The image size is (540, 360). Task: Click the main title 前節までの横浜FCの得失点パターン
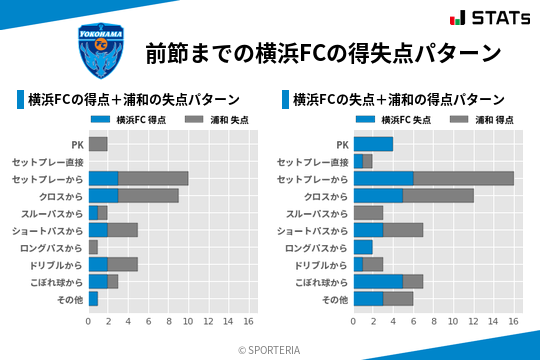[323, 53]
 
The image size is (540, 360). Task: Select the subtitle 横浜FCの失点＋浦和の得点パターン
[398, 100]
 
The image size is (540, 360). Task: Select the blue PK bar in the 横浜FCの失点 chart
[373, 144]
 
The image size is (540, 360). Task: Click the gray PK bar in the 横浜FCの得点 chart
[98, 144]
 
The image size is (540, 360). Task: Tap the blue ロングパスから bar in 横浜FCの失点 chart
[363, 247]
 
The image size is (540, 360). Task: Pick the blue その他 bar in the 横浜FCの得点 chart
[93, 299]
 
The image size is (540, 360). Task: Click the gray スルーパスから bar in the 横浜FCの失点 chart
[368, 213]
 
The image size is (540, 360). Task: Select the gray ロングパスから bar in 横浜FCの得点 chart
[93, 247]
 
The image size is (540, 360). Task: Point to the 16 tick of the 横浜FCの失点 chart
[513, 322]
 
